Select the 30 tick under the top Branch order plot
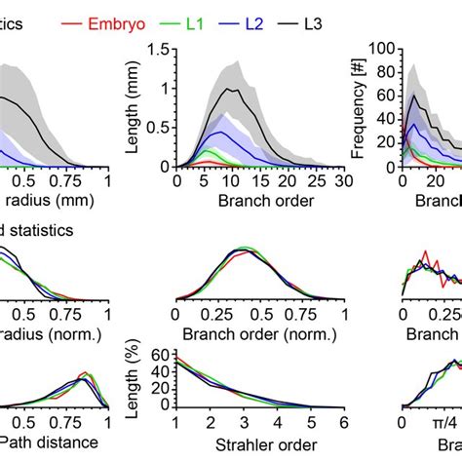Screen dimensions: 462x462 (x=339, y=181)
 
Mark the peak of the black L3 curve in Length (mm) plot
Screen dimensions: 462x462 (x=229, y=89)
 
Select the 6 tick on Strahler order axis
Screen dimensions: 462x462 (x=342, y=425)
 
